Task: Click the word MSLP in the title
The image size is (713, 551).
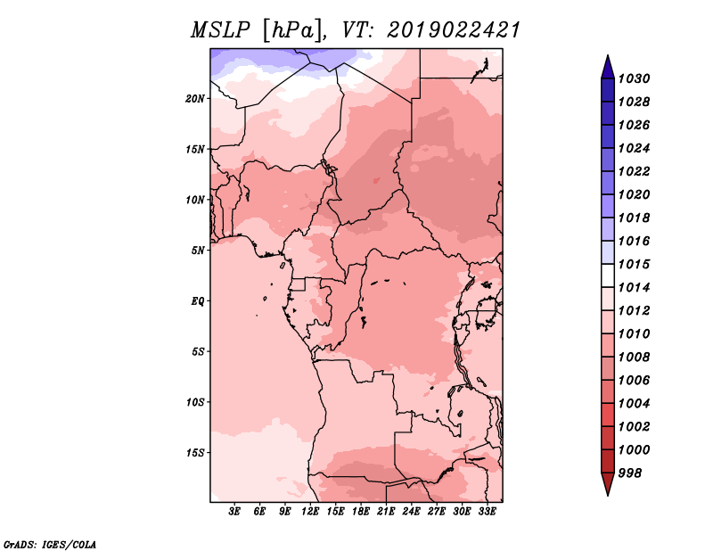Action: coord(220,30)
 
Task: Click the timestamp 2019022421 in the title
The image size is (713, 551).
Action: coord(454,30)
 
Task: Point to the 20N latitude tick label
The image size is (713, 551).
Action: coord(195,99)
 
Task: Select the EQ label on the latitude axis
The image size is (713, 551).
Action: coord(198,301)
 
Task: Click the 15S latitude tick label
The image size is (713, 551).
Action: coord(195,453)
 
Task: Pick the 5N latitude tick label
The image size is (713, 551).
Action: coord(198,251)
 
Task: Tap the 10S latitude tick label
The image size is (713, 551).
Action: coord(195,403)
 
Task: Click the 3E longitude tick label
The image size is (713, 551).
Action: coord(234,512)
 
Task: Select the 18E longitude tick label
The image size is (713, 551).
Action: coord(361,512)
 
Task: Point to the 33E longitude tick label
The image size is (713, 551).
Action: coord(487,512)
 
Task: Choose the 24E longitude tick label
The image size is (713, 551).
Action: coord(411,512)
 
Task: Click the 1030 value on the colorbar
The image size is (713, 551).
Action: coord(634,78)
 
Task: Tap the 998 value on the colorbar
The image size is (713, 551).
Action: coord(630,473)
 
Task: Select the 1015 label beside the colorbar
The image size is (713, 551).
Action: coord(634,264)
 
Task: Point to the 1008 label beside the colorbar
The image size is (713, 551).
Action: coord(634,358)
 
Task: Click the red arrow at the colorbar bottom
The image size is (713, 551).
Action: coord(608,482)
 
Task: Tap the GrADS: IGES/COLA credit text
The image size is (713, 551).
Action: coord(50,545)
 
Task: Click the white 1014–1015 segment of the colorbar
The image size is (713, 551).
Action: coord(608,275)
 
